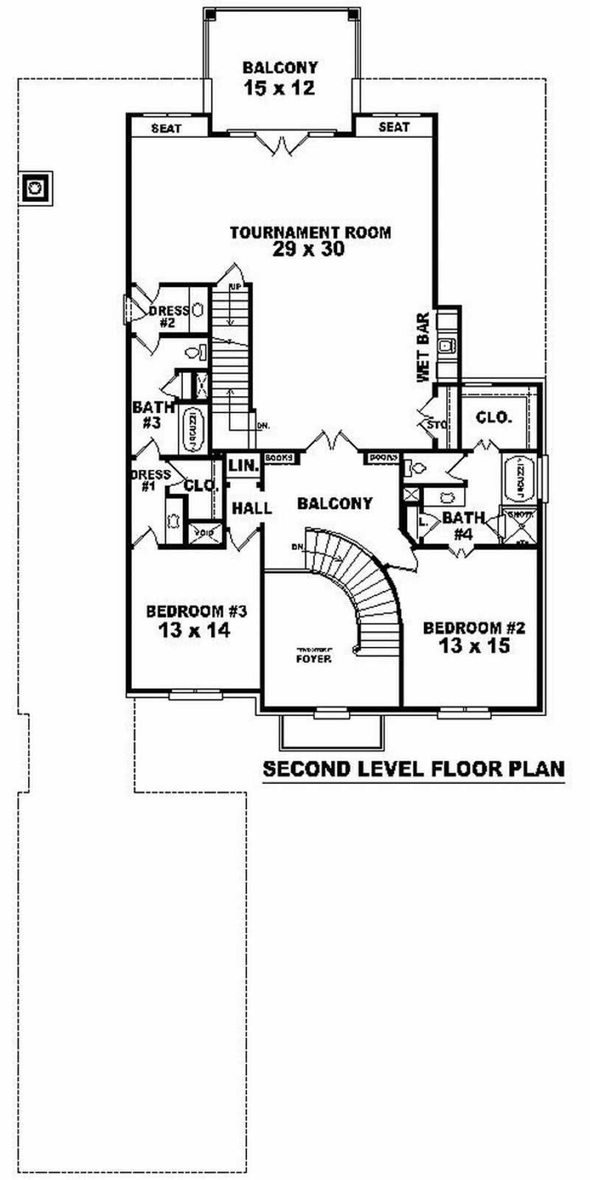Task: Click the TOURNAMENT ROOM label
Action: tap(310, 232)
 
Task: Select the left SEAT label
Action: tap(167, 128)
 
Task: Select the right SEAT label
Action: tap(394, 128)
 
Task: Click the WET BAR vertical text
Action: tap(423, 347)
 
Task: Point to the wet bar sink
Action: tap(446, 345)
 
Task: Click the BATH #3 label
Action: tap(153, 414)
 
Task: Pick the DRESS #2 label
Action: tap(168, 316)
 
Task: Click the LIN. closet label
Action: tap(242, 466)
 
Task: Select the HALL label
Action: tap(251, 508)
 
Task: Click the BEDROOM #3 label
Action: tap(195, 611)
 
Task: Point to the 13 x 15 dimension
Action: tap(473, 647)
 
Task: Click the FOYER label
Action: tap(313, 658)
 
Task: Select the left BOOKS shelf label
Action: tap(278, 457)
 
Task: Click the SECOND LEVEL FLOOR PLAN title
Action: tap(414, 768)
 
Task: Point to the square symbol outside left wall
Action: tap(35, 189)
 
